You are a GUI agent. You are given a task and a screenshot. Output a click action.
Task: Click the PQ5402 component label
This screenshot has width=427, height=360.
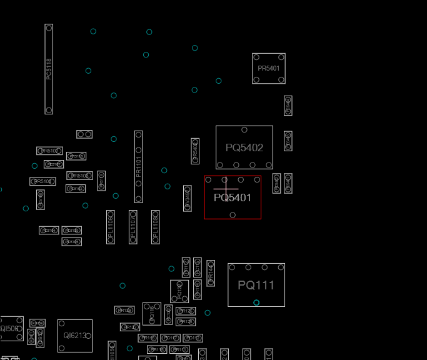[x=244, y=148]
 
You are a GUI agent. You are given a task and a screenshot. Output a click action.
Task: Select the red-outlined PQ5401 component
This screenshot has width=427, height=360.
[x=233, y=197]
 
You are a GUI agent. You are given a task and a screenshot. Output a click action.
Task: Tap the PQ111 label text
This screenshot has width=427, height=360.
[x=256, y=286]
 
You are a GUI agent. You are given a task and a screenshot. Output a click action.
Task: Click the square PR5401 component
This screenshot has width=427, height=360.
[x=269, y=68]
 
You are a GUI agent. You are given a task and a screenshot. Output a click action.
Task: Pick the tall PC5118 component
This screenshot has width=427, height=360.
[x=49, y=69]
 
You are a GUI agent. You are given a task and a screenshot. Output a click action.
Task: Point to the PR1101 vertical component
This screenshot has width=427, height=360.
[x=138, y=167]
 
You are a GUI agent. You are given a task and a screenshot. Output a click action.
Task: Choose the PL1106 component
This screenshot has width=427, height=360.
[x=111, y=227]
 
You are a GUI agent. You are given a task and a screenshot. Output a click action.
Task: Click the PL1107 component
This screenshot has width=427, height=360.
[x=133, y=227]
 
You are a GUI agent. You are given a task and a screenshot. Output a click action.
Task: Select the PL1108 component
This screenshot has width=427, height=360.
[x=155, y=227]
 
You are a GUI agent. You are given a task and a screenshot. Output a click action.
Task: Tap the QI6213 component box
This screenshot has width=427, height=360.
[x=75, y=336]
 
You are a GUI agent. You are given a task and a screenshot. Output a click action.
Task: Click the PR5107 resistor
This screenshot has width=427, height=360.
[x=49, y=151]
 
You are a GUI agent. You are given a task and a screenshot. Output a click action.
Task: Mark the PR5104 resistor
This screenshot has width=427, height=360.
[x=43, y=181]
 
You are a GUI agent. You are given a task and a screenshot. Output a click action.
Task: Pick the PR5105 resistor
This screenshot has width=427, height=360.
[x=80, y=176]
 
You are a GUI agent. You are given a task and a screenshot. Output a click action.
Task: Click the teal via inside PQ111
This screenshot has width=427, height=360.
[x=256, y=302]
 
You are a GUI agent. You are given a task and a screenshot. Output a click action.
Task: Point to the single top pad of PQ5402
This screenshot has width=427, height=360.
[x=244, y=130]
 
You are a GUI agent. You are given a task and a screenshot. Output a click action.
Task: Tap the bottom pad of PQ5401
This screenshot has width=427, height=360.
[x=233, y=215]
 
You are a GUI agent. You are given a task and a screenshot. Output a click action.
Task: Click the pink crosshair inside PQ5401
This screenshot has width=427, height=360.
[x=226, y=187]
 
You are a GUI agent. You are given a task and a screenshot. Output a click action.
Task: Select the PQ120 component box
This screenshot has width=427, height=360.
[x=179, y=291]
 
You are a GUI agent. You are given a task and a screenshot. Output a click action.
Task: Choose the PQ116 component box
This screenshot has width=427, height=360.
[x=151, y=314]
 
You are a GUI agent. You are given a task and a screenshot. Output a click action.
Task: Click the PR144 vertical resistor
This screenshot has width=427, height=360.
[x=211, y=273]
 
